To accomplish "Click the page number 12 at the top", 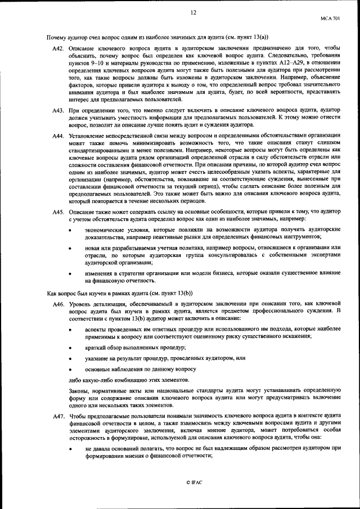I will pos(193,12).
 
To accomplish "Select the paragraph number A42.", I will pos(58,49).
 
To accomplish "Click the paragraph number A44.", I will pos(58,136).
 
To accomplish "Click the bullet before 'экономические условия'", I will pos(70,231).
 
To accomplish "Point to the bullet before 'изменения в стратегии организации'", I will pos(70,273).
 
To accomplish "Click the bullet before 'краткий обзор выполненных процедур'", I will pos(70,348).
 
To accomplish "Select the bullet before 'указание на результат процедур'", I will pos(70,358).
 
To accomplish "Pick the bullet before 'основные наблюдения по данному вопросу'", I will pos(70,370).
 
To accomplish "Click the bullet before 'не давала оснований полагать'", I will pos(70,448).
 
